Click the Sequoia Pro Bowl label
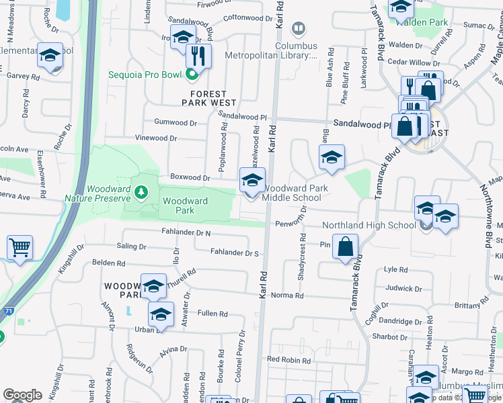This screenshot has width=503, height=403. [145, 74]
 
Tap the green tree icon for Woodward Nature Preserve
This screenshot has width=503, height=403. [141, 193]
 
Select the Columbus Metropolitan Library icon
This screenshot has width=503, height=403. [299, 29]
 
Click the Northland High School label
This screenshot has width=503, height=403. [369, 225]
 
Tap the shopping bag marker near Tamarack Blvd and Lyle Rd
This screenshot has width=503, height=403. [345, 247]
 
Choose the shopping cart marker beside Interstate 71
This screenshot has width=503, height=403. [20, 247]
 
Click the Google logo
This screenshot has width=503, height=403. [22, 395]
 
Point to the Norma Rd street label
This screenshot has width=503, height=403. [287, 296]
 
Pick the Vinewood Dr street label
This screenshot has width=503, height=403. [155, 138]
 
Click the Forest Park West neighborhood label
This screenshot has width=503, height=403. [209, 98]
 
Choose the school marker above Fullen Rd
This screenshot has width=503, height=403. [161, 314]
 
